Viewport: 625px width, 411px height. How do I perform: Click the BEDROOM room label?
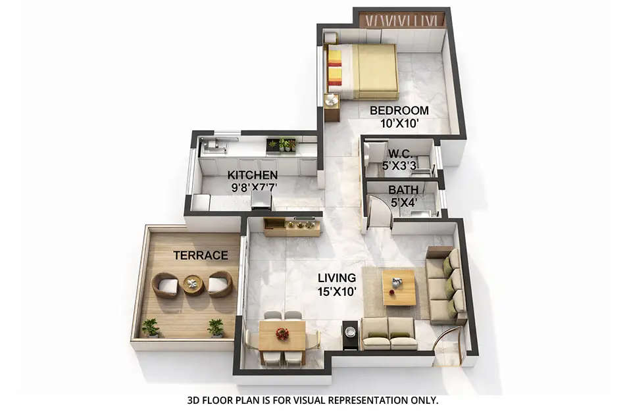click(399, 110)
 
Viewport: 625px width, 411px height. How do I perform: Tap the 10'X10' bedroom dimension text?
click(399, 122)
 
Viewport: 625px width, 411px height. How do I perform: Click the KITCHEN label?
click(253, 176)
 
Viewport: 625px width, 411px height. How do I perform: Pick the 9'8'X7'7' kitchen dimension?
click(253, 187)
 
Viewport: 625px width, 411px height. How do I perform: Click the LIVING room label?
click(336, 278)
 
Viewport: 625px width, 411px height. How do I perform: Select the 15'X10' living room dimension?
click(336, 291)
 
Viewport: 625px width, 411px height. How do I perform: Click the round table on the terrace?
click(193, 284)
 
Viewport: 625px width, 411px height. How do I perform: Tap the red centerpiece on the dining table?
click(282, 334)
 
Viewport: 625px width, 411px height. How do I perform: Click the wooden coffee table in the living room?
click(399, 287)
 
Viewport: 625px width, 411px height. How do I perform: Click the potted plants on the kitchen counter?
click(282, 144)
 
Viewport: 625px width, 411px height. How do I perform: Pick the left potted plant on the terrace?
click(151, 327)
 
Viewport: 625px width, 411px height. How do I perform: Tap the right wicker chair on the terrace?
click(220, 284)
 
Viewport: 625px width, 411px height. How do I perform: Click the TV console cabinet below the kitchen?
click(291, 227)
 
